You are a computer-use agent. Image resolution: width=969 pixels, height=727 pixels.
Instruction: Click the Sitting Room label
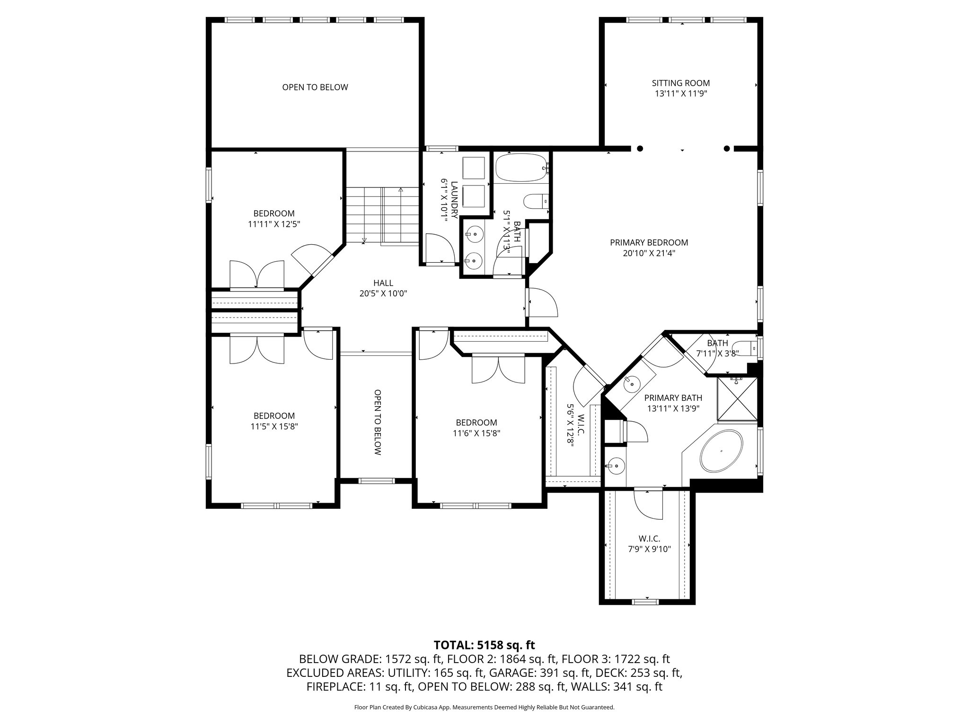pyautogui.click(x=680, y=83)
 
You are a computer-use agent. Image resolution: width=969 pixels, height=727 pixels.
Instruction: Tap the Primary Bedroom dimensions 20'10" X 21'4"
pyautogui.click(x=649, y=253)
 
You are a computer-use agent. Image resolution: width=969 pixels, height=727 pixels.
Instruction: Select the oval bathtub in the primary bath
pyautogui.click(x=721, y=451)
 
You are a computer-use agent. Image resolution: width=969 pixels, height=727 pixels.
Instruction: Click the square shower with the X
pyautogui.click(x=737, y=399)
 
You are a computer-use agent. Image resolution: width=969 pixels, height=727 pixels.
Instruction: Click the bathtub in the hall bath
pyautogui.click(x=521, y=168)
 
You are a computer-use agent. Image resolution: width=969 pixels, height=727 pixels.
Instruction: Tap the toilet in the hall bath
pyautogui.click(x=536, y=201)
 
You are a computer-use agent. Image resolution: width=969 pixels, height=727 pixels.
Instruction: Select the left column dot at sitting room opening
pyautogui.click(x=640, y=149)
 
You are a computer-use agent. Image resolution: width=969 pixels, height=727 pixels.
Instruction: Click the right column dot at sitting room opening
pyautogui.click(x=727, y=149)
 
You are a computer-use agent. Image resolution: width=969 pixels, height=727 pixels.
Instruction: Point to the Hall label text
pyautogui.click(x=383, y=283)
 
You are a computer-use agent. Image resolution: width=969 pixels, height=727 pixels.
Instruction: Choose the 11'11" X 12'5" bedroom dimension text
pyautogui.click(x=274, y=224)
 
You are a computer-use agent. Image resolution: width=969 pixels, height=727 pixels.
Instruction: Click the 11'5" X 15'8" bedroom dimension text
pyautogui.click(x=274, y=426)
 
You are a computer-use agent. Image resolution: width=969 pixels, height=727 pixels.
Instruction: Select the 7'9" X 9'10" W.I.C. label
pyautogui.click(x=649, y=549)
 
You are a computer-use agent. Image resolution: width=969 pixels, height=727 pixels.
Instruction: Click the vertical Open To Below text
pyautogui.click(x=377, y=422)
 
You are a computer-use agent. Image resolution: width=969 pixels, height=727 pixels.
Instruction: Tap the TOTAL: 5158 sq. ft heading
pyautogui.click(x=484, y=645)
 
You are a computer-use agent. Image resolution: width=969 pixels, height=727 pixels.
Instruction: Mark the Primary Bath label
pyautogui.click(x=673, y=398)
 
